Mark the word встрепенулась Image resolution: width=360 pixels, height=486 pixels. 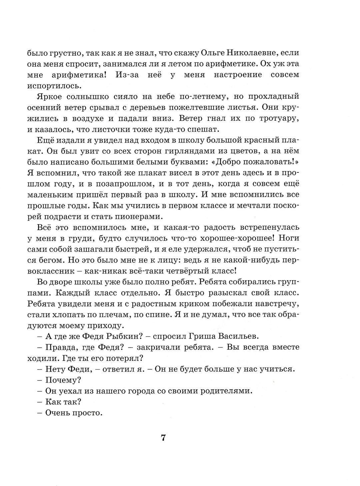pos(269,227)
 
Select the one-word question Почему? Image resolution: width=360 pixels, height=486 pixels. pos(64,380)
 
